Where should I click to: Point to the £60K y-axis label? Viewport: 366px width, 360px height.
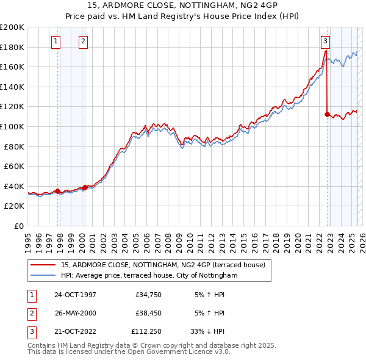point(14,166)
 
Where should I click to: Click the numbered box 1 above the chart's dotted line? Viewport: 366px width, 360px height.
point(56,41)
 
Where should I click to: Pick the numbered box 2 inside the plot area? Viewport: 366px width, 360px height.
point(82,41)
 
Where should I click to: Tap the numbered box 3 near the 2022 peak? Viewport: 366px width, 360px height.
point(325,41)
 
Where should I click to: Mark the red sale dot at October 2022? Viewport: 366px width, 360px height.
point(328,114)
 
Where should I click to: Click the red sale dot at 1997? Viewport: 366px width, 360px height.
point(58,191)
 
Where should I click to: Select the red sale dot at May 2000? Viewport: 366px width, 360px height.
point(85,187)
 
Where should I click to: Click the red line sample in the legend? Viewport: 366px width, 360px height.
point(43,265)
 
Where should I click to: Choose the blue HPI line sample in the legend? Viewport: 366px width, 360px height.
point(43,276)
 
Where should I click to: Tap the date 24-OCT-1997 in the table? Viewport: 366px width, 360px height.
point(75,295)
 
